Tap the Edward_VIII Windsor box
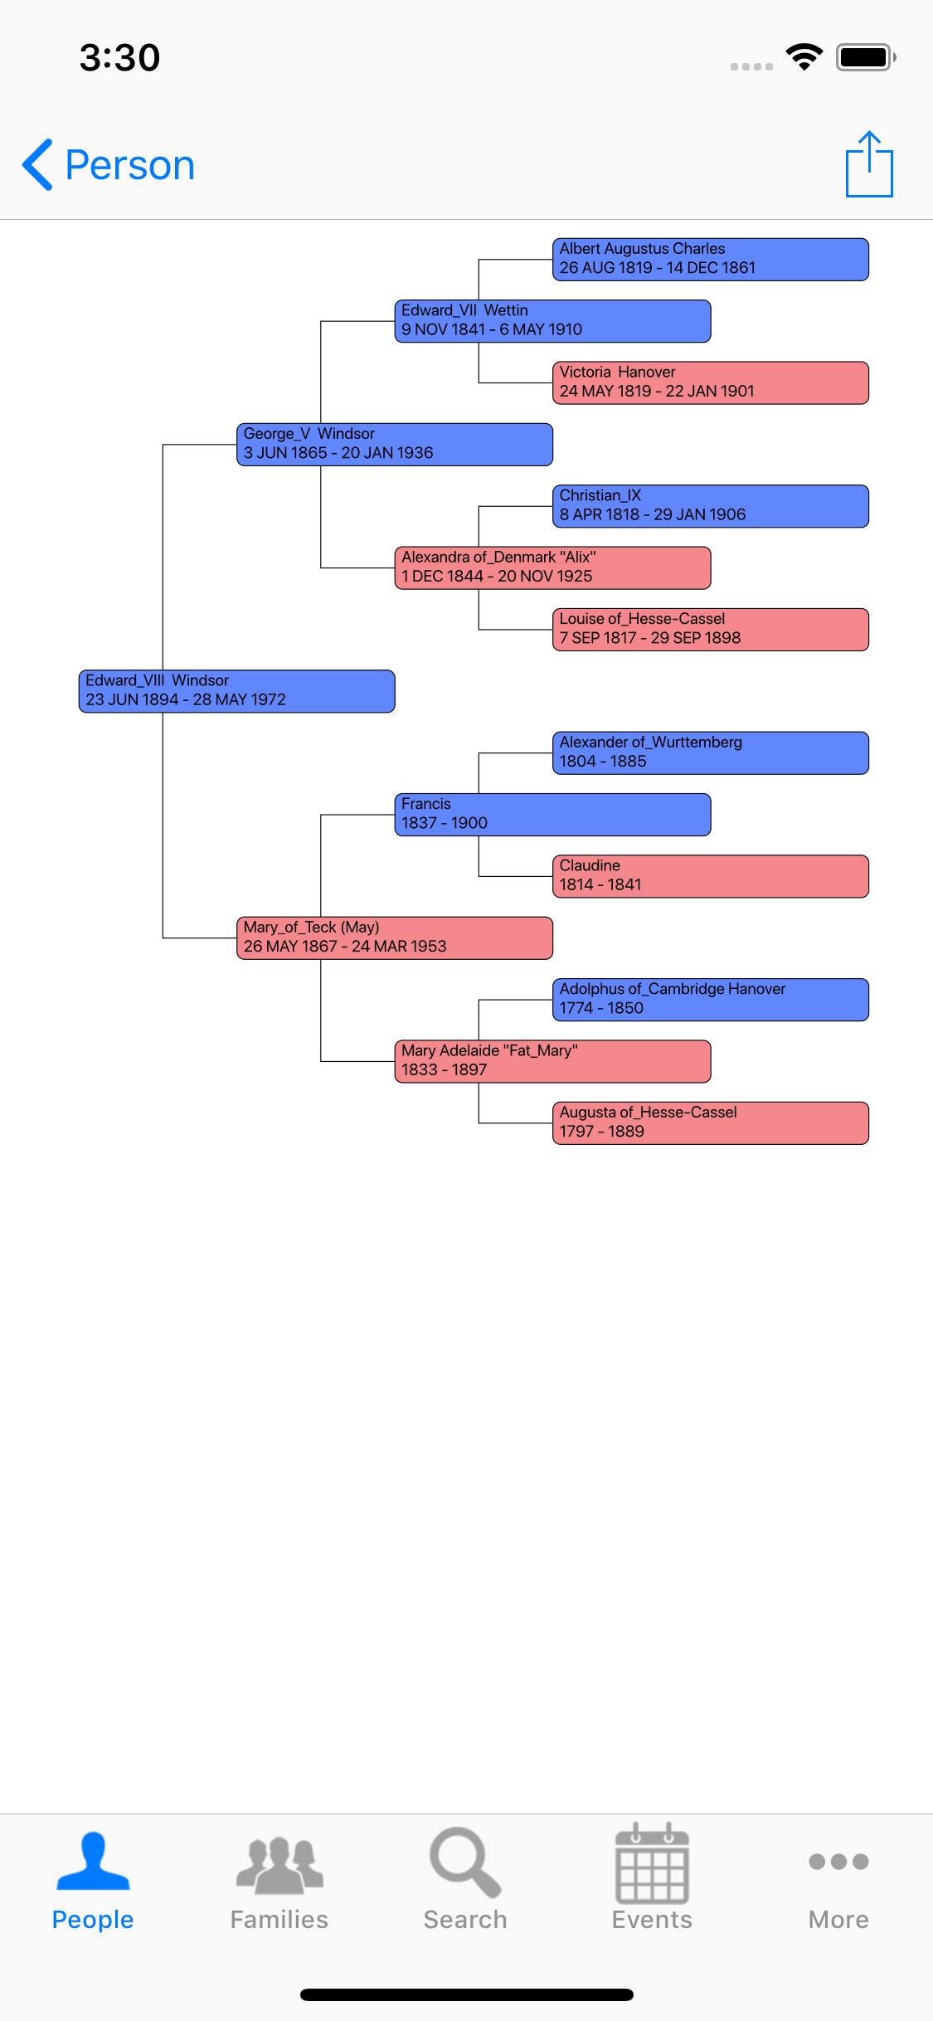[236, 691]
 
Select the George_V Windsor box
[395, 445]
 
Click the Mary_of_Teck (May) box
[395, 938]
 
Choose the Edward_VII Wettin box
[552, 321]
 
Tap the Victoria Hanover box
[711, 382]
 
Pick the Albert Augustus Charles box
[711, 260]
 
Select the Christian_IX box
[711, 506]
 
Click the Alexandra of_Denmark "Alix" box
[552, 567]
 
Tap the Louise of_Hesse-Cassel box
[711, 630]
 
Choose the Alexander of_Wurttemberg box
[711, 752]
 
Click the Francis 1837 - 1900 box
[552, 815]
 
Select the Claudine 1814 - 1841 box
[711, 876]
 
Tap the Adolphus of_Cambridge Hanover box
[711, 1000]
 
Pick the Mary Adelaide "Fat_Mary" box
[552, 1061]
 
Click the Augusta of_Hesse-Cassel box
[711, 1123]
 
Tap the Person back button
[109, 165]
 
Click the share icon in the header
[869, 163]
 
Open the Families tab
[279, 1878]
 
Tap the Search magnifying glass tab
[465, 1878]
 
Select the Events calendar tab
[652, 1878]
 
